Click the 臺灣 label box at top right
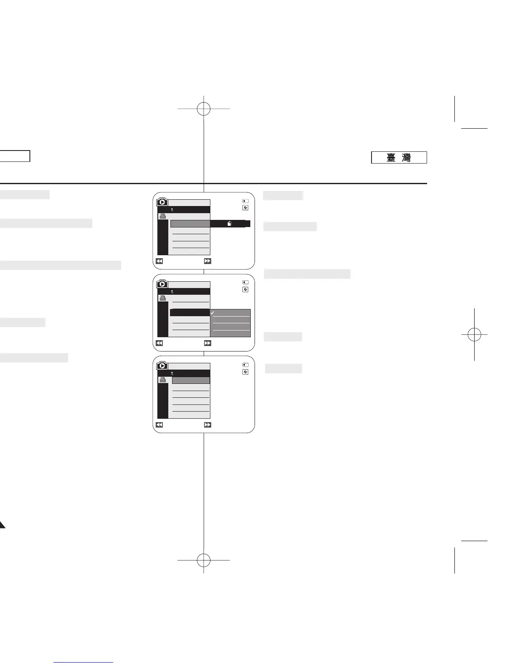coord(399,157)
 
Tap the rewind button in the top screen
coord(159,261)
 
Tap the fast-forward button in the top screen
coord(207,261)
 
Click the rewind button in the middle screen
coord(159,343)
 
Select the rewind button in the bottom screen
coord(159,425)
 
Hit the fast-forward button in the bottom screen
coord(207,425)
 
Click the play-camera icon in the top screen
coord(162,202)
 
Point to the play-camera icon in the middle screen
coord(162,284)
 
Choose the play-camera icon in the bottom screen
coord(162,366)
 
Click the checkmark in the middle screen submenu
coord(213,313)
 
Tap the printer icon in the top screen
coord(162,216)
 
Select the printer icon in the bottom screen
coord(162,380)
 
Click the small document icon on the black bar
coord(230,224)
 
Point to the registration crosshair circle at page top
coord(204,109)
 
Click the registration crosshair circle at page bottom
coord(204,560)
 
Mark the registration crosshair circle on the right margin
coord(474,335)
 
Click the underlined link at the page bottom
coord(84,662)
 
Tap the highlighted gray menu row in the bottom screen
coord(191,380)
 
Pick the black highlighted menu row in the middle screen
coord(190,312)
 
